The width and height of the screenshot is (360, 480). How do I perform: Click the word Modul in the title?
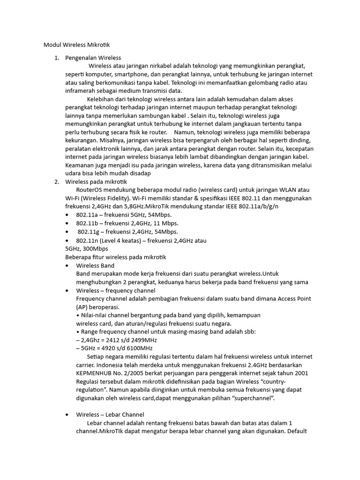pyautogui.click(x=52, y=45)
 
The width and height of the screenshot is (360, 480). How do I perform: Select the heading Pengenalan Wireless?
pyautogui.click(x=93, y=58)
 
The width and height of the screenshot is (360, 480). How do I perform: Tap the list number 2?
pyautogui.click(x=56, y=181)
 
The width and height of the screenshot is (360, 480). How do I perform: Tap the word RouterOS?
pyautogui.click(x=90, y=190)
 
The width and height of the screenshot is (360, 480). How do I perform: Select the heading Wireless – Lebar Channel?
pyautogui.click(x=110, y=414)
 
